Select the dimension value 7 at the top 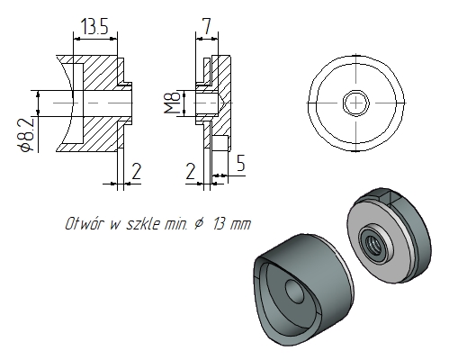(x=206, y=28)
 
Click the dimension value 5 (x=240, y=163)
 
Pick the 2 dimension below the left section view (x=136, y=170)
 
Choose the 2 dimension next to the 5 (x=191, y=170)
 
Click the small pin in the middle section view (x=222, y=142)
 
